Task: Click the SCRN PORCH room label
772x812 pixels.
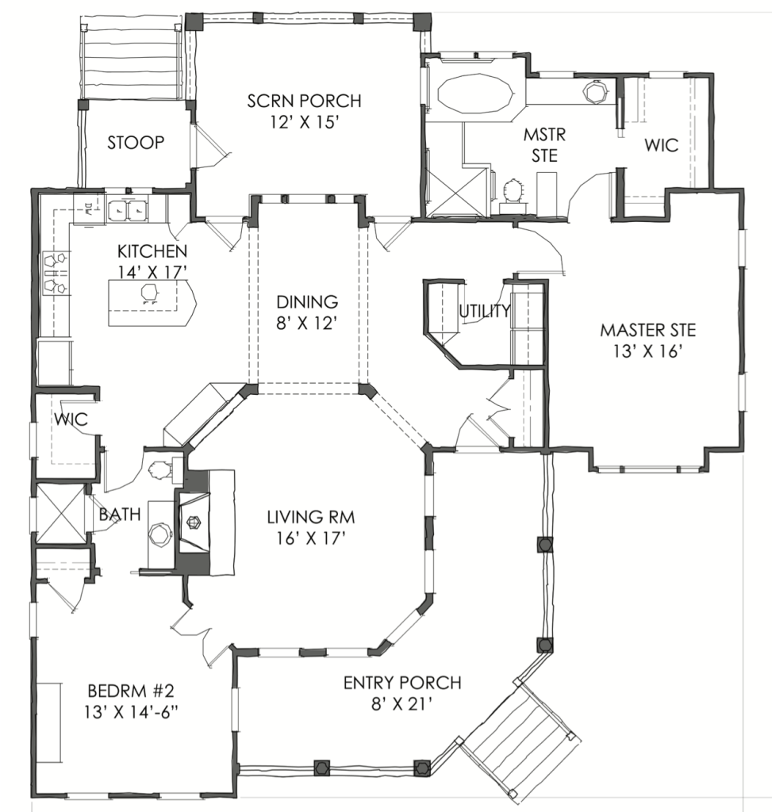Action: (x=304, y=100)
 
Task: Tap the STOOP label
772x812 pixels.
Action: (x=136, y=142)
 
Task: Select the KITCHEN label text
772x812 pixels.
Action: (x=152, y=251)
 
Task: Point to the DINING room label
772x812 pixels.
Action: (x=307, y=301)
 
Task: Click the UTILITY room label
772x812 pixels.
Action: (x=485, y=311)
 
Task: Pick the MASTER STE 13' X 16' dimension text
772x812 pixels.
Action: (x=647, y=351)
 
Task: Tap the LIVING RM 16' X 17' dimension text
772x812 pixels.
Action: (x=311, y=538)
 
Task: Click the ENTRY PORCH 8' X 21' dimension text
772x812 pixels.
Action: (x=402, y=704)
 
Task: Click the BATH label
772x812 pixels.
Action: (x=120, y=514)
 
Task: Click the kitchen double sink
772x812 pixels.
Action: (x=128, y=209)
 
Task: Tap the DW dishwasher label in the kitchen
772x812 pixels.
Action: (x=88, y=209)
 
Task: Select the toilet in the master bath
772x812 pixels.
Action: (x=513, y=191)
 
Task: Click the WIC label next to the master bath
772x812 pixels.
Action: (x=661, y=145)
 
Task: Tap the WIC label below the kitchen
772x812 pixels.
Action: (x=71, y=419)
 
